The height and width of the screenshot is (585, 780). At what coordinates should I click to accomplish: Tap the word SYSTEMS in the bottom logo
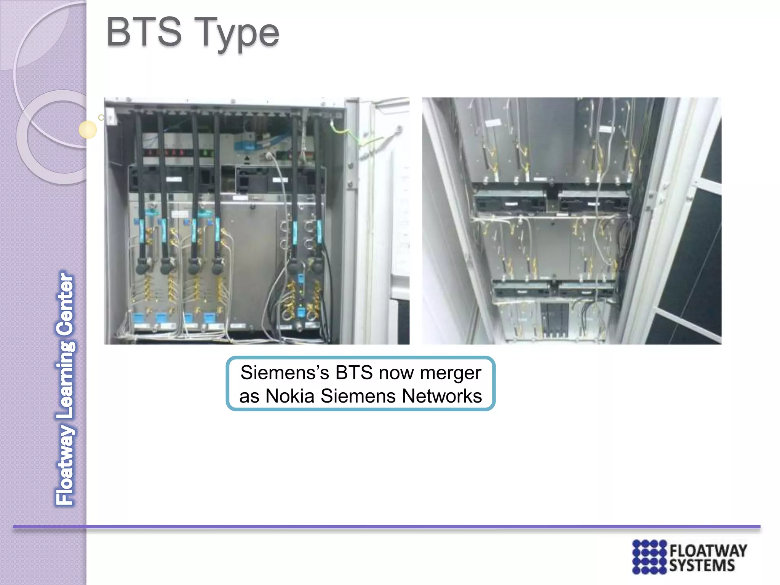click(702, 566)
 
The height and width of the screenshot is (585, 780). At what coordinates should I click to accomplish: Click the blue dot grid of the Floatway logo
click(649, 557)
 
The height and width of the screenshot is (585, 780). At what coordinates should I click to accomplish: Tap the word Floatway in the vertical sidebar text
click(66, 465)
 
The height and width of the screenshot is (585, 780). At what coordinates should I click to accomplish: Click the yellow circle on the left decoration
click(88, 129)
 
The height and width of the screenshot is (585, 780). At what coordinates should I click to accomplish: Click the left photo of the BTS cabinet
click(256, 221)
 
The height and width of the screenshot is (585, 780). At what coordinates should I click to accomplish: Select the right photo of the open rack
click(571, 221)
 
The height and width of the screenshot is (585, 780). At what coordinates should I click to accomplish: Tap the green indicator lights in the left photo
click(206, 153)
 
